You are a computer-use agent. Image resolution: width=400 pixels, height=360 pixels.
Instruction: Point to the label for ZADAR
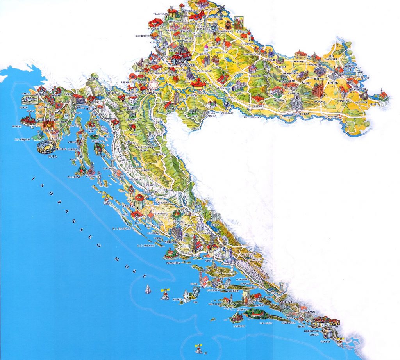pos(128,205)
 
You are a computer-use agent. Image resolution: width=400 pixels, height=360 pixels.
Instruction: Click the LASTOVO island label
pos(239,325)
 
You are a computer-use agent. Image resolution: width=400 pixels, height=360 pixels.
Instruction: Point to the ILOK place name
pos(384,104)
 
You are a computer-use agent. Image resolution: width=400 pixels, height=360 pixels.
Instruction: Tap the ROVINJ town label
pos(16,126)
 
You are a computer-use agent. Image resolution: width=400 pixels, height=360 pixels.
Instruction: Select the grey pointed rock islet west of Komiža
pos(148,289)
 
